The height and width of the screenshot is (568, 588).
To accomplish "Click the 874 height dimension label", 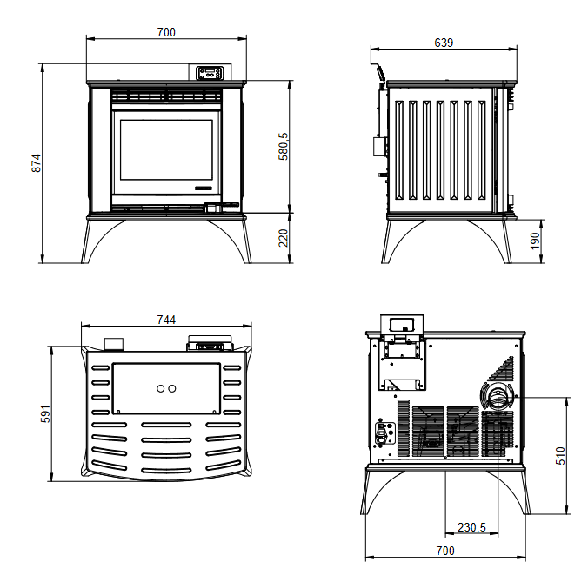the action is click(x=36, y=163).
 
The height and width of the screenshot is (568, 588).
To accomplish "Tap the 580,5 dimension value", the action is click(x=284, y=147).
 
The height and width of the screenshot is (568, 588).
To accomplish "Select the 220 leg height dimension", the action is click(x=284, y=238).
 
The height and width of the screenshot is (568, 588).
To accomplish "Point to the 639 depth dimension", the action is click(x=444, y=43).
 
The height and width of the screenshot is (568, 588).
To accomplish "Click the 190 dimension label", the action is click(x=535, y=241).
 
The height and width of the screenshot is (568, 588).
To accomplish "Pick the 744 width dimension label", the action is click(x=166, y=320).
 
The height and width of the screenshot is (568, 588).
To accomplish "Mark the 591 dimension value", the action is click(x=45, y=413).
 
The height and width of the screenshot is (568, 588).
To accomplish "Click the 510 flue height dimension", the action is click(x=560, y=456).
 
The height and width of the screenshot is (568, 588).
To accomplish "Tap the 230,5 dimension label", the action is click(x=471, y=527).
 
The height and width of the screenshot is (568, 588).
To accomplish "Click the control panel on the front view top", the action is click(x=210, y=73).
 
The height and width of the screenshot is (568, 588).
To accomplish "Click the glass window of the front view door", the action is click(x=166, y=149).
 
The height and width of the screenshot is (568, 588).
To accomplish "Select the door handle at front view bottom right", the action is click(x=221, y=207).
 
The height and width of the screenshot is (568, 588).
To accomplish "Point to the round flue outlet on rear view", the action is click(x=498, y=397).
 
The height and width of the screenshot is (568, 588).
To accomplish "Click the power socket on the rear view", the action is click(x=384, y=433).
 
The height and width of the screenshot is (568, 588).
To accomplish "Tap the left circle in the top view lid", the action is click(x=161, y=388).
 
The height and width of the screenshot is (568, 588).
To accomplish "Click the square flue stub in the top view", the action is click(x=114, y=344).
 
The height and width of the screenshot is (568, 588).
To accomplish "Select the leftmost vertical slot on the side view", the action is click(x=399, y=149).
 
